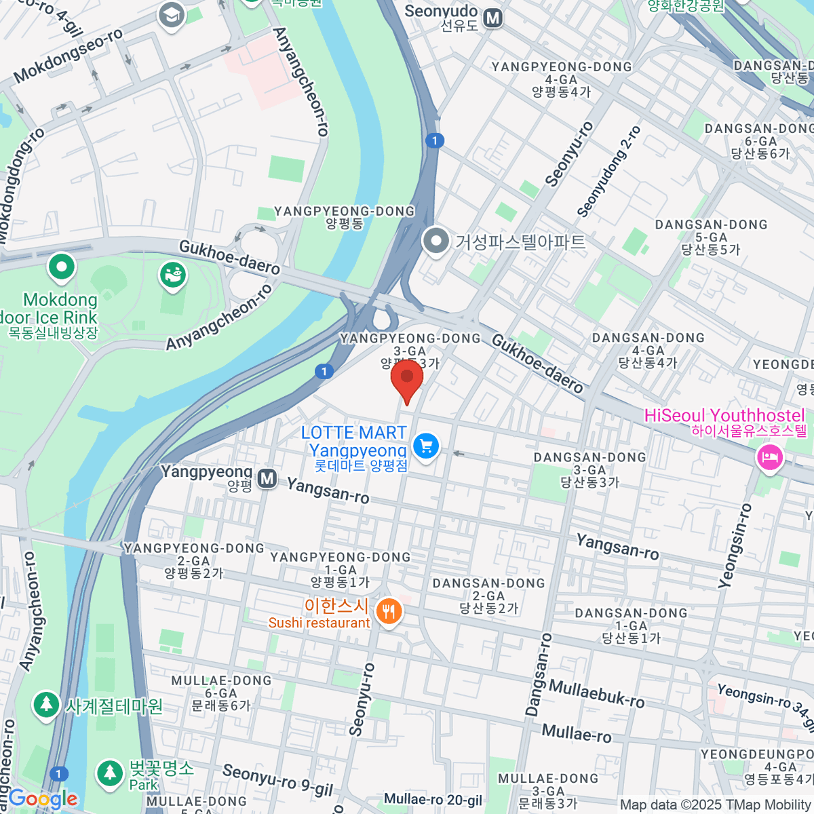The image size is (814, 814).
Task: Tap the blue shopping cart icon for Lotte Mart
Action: point(426,446)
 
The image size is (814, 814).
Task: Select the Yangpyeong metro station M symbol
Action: point(267,479)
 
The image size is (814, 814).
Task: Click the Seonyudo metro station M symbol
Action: point(493,18)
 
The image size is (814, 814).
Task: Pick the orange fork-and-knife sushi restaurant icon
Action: point(389,612)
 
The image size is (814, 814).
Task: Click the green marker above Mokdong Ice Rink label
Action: point(62,267)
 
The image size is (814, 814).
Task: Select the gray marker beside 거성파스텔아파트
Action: point(435,241)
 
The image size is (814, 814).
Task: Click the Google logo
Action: point(43,799)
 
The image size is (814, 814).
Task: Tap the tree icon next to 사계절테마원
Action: point(46,705)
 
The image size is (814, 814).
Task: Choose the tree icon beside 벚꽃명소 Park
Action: point(109,772)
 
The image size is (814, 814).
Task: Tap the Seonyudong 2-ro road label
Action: point(608,172)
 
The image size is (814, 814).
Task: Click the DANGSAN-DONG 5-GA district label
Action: point(711,237)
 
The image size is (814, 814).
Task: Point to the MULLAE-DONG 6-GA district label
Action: point(221,693)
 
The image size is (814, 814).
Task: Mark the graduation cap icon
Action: point(171,16)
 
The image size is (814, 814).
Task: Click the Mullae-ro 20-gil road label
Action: point(433,800)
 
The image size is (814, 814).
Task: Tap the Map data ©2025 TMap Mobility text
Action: point(716,805)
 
